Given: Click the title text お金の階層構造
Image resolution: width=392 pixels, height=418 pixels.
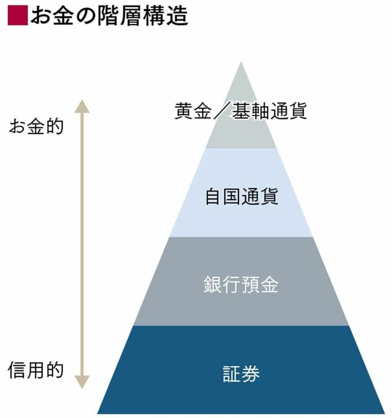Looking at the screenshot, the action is click(x=109, y=16).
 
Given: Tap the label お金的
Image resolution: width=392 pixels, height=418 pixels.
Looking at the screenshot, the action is click(x=36, y=127).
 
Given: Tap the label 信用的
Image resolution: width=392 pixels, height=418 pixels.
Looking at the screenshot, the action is click(x=36, y=370).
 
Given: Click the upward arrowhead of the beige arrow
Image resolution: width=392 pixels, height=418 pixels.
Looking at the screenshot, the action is click(x=82, y=106).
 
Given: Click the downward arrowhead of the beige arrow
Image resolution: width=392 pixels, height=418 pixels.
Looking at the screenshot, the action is click(x=82, y=382).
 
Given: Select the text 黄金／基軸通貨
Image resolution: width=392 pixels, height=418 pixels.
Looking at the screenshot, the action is click(x=241, y=111).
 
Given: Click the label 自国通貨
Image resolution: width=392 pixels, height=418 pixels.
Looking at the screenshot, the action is click(x=242, y=196).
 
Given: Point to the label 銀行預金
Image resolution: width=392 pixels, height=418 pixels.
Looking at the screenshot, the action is click(x=241, y=284).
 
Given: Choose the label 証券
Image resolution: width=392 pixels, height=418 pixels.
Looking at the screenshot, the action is click(x=241, y=373).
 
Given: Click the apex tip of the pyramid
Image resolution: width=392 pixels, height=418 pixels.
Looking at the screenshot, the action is click(x=241, y=62).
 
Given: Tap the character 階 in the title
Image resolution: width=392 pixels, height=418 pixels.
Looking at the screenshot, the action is click(x=109, y=16).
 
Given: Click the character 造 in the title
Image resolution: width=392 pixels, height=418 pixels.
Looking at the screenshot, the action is click(x=178, y=16).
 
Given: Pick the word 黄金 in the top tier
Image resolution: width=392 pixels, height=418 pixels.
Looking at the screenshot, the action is click(x=193, y=111).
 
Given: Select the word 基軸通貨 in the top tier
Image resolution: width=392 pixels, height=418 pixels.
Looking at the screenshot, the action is click(x=269, y=111).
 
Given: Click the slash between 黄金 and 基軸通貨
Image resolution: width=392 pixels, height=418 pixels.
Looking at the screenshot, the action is click(x=222, y=111).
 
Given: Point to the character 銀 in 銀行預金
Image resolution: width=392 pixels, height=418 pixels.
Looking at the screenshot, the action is click(x=213, y=284).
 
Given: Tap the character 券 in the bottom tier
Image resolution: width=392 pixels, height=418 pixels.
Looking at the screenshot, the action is click(x=251, y=373).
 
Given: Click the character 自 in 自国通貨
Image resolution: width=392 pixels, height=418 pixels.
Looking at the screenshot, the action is click(x=214, y=196).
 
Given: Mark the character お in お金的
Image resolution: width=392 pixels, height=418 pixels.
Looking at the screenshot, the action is click(x=17, y=127).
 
